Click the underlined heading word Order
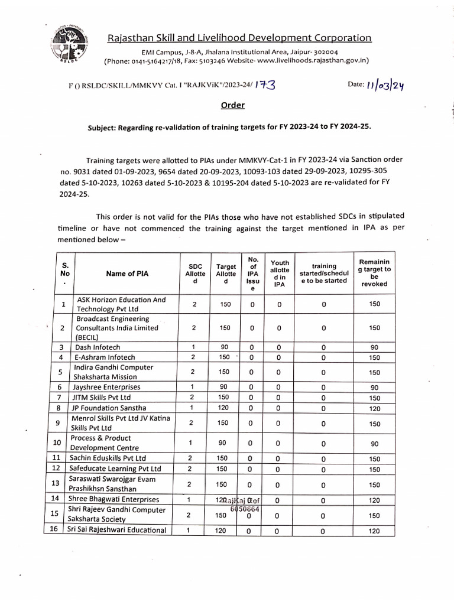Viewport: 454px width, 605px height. tap(232, 105)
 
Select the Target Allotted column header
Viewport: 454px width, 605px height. tap(226, 274)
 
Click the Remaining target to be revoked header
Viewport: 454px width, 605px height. tap(374, 273)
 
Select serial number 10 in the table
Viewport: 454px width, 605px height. tap(57, 443)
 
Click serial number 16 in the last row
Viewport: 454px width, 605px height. tap(54, 529)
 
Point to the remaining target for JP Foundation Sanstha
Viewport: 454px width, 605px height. tap(374, 408)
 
